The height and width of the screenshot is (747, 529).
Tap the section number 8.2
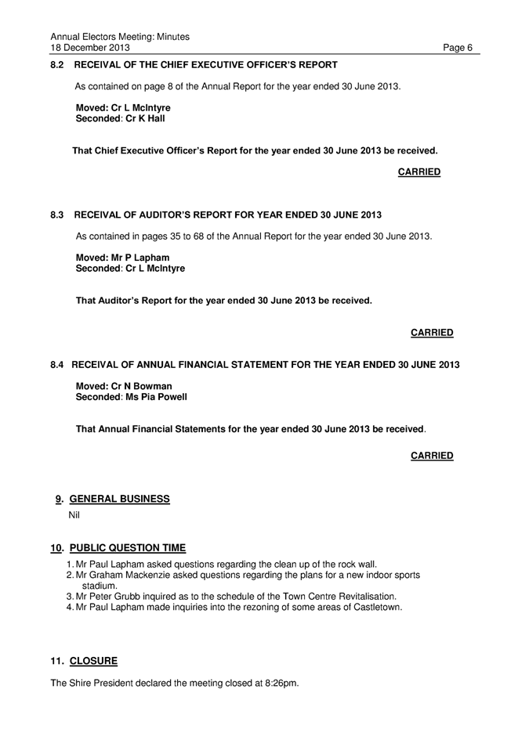(57, 65)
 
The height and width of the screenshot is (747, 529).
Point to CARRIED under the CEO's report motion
(418, 171)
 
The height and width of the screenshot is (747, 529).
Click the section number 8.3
(57, 215)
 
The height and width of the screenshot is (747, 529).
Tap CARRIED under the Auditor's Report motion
(432, 333)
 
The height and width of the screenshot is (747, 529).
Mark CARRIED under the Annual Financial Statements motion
(432, 456)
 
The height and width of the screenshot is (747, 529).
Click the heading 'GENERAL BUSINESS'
(119, 499)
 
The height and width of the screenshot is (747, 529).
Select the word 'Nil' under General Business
(75, 514)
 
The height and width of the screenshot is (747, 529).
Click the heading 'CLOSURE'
(93, 661)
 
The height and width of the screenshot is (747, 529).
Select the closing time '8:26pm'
(281, 683)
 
